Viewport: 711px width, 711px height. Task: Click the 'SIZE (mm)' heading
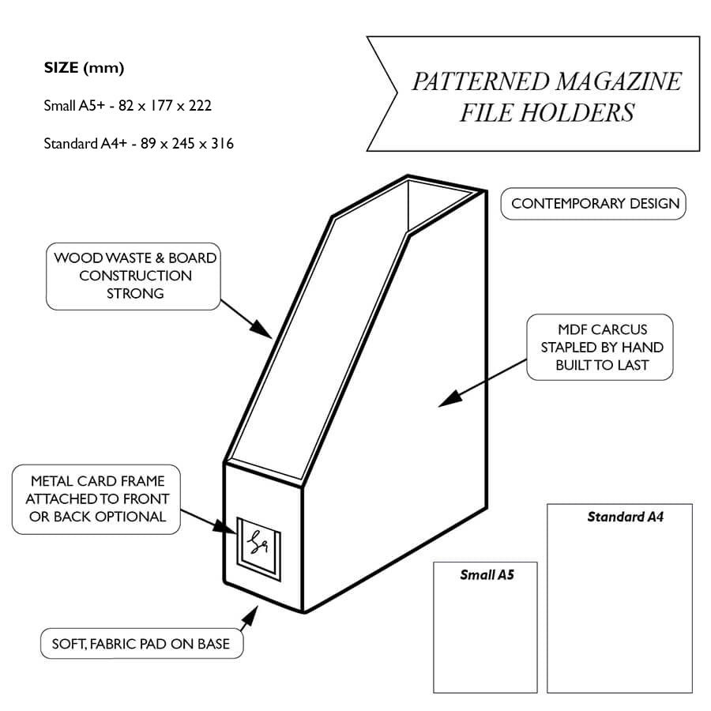[x=84, y=68]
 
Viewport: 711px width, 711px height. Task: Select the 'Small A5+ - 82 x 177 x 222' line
[x=128, y=105]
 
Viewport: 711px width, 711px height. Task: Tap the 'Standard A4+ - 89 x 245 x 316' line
[x=139, y=144]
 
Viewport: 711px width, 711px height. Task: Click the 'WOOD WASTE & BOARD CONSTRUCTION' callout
[x=134, y=276]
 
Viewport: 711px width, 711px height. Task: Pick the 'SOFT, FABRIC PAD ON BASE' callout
[x=141, y=644]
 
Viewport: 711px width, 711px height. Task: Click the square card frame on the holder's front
[x=258, y=542]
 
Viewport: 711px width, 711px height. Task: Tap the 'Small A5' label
[x=487, y=575]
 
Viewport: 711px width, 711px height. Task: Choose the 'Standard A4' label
[x=625, y=517]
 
